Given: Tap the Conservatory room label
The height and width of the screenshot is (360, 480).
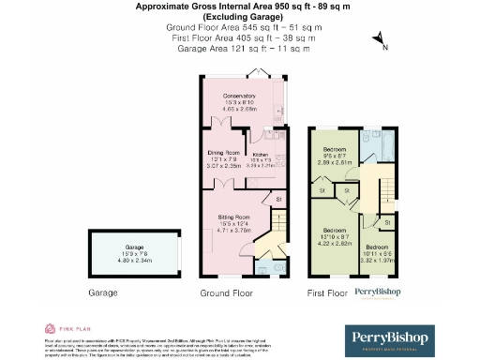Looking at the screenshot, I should tap(239, 96).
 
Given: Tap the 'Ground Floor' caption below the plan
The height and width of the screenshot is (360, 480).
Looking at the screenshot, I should tap(227, 293).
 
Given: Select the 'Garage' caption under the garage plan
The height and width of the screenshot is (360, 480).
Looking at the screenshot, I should tap(102, 293).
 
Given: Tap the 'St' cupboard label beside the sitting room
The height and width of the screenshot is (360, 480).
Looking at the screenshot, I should tap(277, 199).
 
